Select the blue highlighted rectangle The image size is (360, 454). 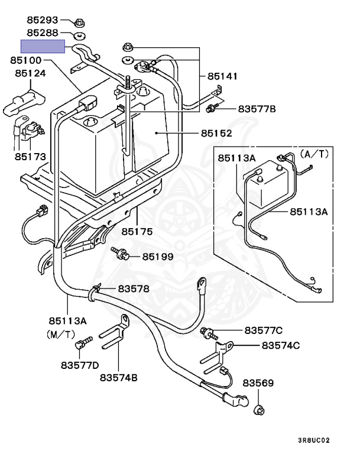coord(43,47)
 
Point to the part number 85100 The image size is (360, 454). coord(25,60)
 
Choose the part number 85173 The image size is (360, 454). coord(30,158)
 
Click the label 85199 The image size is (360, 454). coord(158,257)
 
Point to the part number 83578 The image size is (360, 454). coord(133,289)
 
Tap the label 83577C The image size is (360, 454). coord(263,330)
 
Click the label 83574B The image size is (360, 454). coord(118,378)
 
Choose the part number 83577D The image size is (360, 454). coord(79,365)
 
